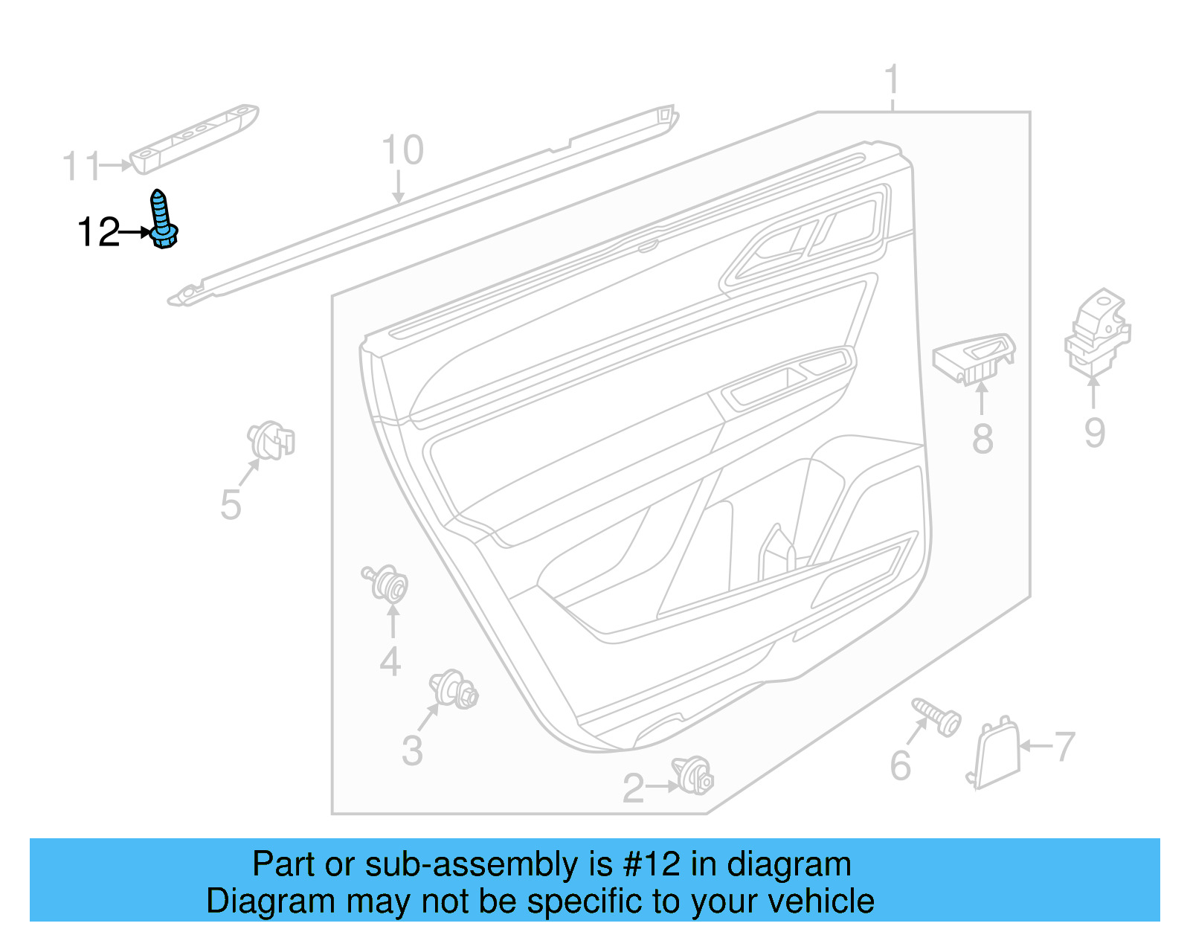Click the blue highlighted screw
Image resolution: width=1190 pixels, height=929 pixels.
pos(163,219)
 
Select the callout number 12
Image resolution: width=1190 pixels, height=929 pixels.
pos(98,232)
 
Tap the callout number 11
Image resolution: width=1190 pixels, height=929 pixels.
pos(81,166)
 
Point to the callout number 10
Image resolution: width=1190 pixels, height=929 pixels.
pos(402,150)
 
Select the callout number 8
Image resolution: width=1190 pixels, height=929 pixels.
pos(982,438)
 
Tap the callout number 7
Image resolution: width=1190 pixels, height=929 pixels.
pos(1064,746)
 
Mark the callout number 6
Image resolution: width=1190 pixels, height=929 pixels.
pos(901,765)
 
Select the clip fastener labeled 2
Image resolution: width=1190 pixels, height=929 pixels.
pos(693,775)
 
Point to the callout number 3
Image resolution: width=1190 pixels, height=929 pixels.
pos(412,750)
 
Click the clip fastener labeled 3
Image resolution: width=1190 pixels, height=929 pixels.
pos(454,689)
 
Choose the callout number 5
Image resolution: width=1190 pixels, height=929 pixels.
pos(231,504)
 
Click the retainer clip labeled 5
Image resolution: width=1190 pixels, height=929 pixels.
pos(271,440)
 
